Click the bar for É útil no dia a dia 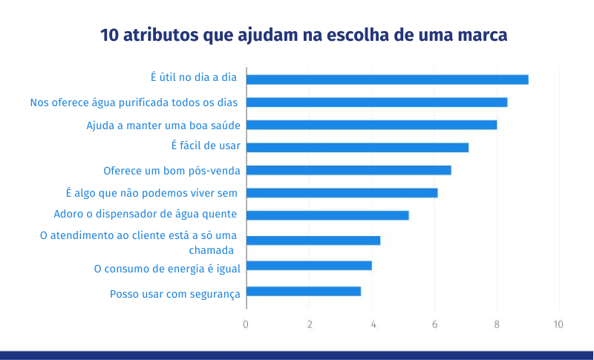pos(387,79)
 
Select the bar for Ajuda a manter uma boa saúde pos(372,125)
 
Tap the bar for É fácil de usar pos(357,147)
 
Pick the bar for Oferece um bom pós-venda pos(348,170)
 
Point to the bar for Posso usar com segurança pos(304,291)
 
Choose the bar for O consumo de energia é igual pos(309,266)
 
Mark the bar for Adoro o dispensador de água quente pos(327,215)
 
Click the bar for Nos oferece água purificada pos(376,102)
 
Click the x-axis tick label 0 pos(246,324)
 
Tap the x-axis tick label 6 pos(434,324)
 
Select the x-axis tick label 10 pos(558,324)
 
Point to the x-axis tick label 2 pos(310,324)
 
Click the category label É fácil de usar pos(206,145)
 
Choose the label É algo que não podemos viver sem pos(151,193)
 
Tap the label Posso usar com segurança pos(175,294)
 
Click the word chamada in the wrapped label pos(212,250)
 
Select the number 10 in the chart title pos(109,35)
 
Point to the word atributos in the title pos(160,35)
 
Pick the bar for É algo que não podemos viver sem pos(342,193)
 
